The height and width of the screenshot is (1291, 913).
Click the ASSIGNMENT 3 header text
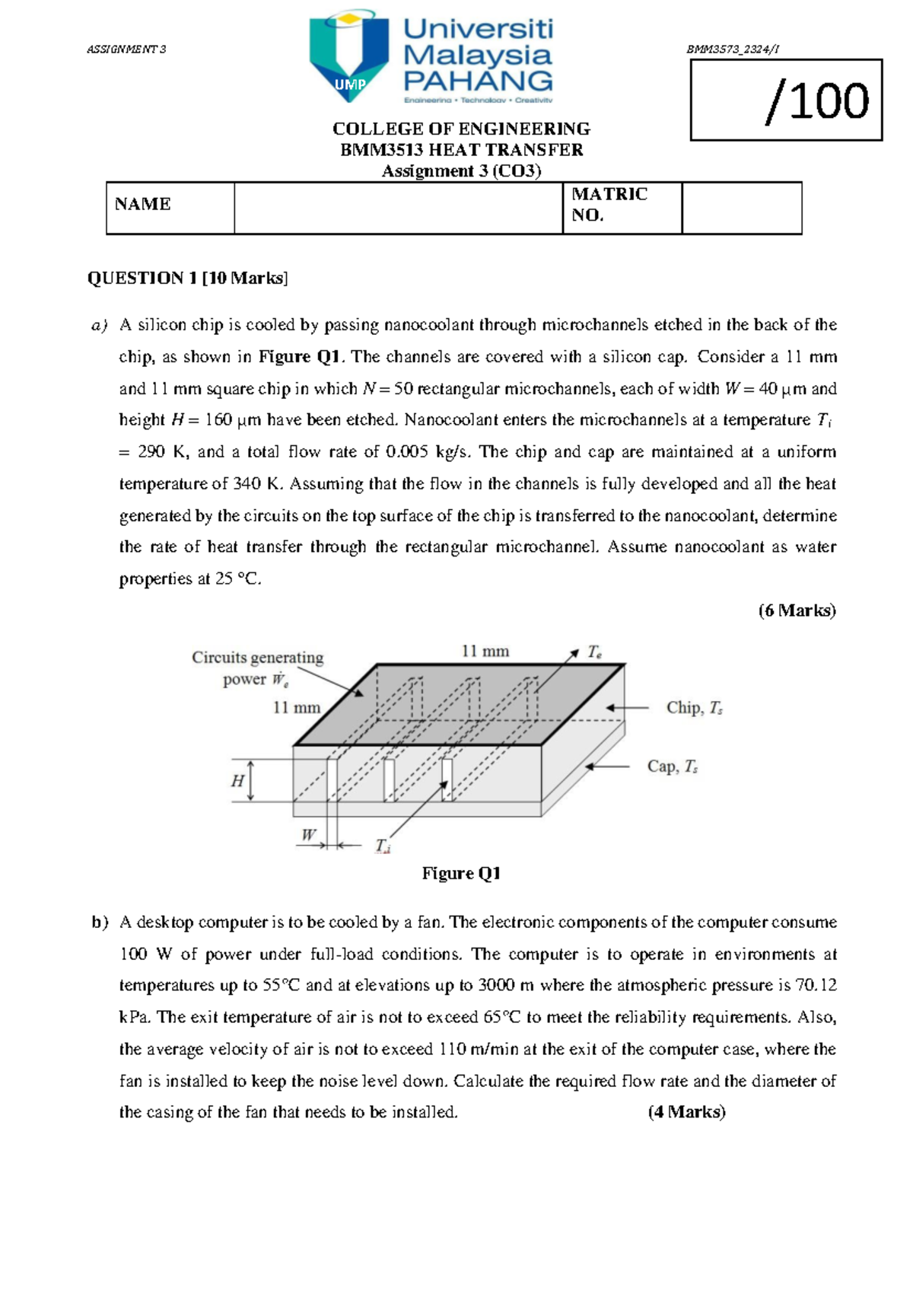pyautogui.click(x=126, y=49)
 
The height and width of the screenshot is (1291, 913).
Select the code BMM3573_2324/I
pyautogui.click(x=732, y=49)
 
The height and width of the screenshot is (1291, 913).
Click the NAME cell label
pyautogui.click(x=143, y=204)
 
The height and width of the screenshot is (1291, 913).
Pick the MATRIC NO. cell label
pyautogui.click(x=609, y=205)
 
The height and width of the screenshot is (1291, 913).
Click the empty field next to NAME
pyautogui.click(x=398, y=208)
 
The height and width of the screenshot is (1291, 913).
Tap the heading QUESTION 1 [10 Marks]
pyautogui.click(x=187, y=278)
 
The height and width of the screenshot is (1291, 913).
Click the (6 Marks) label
pyautogui.click(x=797, y=610)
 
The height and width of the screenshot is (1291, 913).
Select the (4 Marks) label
pyautogui.click(x=686, y=1112)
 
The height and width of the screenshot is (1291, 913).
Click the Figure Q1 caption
pyautogui.click(x=461, y=873)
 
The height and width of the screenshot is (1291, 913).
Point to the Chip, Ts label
pyautogui.click(x=694, y=708)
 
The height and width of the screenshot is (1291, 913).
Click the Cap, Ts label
pyautogui.click(x=672, y=767)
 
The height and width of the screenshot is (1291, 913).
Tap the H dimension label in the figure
pyautogui.click(x=237, y=781)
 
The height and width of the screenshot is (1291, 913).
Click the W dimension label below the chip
pyautogui.click(x=308, y=834)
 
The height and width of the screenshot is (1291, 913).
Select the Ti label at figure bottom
pyautogui.click(x=383, y=846)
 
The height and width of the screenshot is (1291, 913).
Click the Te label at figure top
pyautogui.click(x=594, y=652)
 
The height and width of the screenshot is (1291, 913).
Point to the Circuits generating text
pyautogui.click(x=257, y=657)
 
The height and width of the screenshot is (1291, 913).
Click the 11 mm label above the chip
pyautogui.click(x=485, y=652)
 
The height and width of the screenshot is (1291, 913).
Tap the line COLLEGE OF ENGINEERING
pyautogui.click(x=461, y=129)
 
